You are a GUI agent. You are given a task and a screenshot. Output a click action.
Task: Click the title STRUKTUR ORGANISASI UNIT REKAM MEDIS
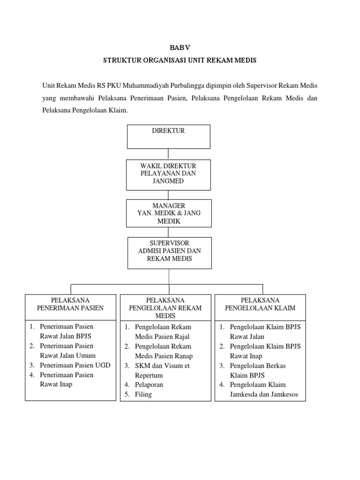click(180, 61)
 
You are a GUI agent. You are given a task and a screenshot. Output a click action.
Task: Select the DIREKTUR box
click(169, 136)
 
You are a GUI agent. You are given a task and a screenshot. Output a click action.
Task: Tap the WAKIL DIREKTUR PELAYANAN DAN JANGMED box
click(169, 173)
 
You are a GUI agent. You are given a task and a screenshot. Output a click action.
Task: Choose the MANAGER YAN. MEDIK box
click(169, 213)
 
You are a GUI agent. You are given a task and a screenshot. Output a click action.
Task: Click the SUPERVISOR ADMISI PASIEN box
click(169, 253)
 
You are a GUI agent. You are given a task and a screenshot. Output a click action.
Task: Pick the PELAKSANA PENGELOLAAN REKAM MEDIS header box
click(165, 308)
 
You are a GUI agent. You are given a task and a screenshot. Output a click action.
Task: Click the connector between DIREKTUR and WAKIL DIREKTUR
click(169, 154)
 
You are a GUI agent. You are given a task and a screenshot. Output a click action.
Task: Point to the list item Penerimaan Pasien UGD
click(75, 365)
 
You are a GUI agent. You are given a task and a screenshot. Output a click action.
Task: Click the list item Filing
click(143, 394)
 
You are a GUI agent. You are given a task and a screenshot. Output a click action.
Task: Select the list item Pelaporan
click(149, 384)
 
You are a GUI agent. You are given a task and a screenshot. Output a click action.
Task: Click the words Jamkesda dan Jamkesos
click(264, 394)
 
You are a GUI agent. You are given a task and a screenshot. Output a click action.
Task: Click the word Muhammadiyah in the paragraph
click(148, 86)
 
